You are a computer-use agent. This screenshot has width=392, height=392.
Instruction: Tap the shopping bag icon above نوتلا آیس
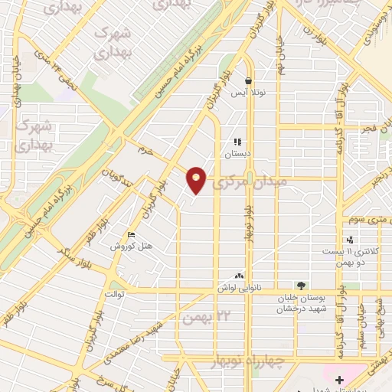click(x=248, y=80)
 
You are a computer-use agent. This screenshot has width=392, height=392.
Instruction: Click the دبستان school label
click(x=237, y=153)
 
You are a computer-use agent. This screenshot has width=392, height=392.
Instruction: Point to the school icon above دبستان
click(x=237, y=142)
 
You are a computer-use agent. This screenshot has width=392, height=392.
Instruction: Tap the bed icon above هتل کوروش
click(x=131, y=235)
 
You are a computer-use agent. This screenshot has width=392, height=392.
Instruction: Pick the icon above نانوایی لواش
click(x=240, y=276)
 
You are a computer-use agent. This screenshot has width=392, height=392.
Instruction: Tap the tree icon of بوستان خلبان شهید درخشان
click(x=300, y=286)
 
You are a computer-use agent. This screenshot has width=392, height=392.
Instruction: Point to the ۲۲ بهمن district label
click(x=203, y=315)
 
